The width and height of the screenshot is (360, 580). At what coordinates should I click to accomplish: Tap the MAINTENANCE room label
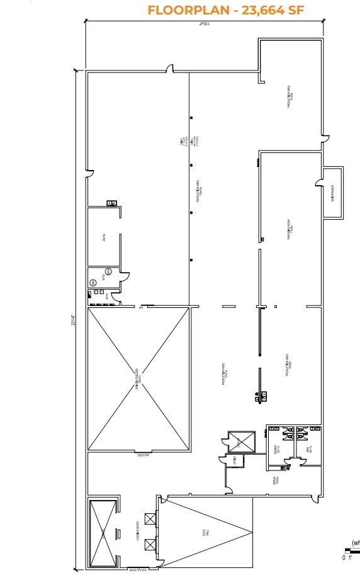332,193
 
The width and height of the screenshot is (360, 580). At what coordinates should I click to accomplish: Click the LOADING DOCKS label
137,533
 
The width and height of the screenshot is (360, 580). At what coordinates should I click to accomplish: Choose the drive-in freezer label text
137,378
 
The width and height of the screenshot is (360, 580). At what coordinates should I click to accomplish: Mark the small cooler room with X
242,441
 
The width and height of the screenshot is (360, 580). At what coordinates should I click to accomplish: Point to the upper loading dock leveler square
150,519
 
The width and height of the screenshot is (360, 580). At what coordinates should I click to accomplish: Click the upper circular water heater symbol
108,271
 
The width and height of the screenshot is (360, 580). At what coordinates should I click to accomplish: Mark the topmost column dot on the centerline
190,117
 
